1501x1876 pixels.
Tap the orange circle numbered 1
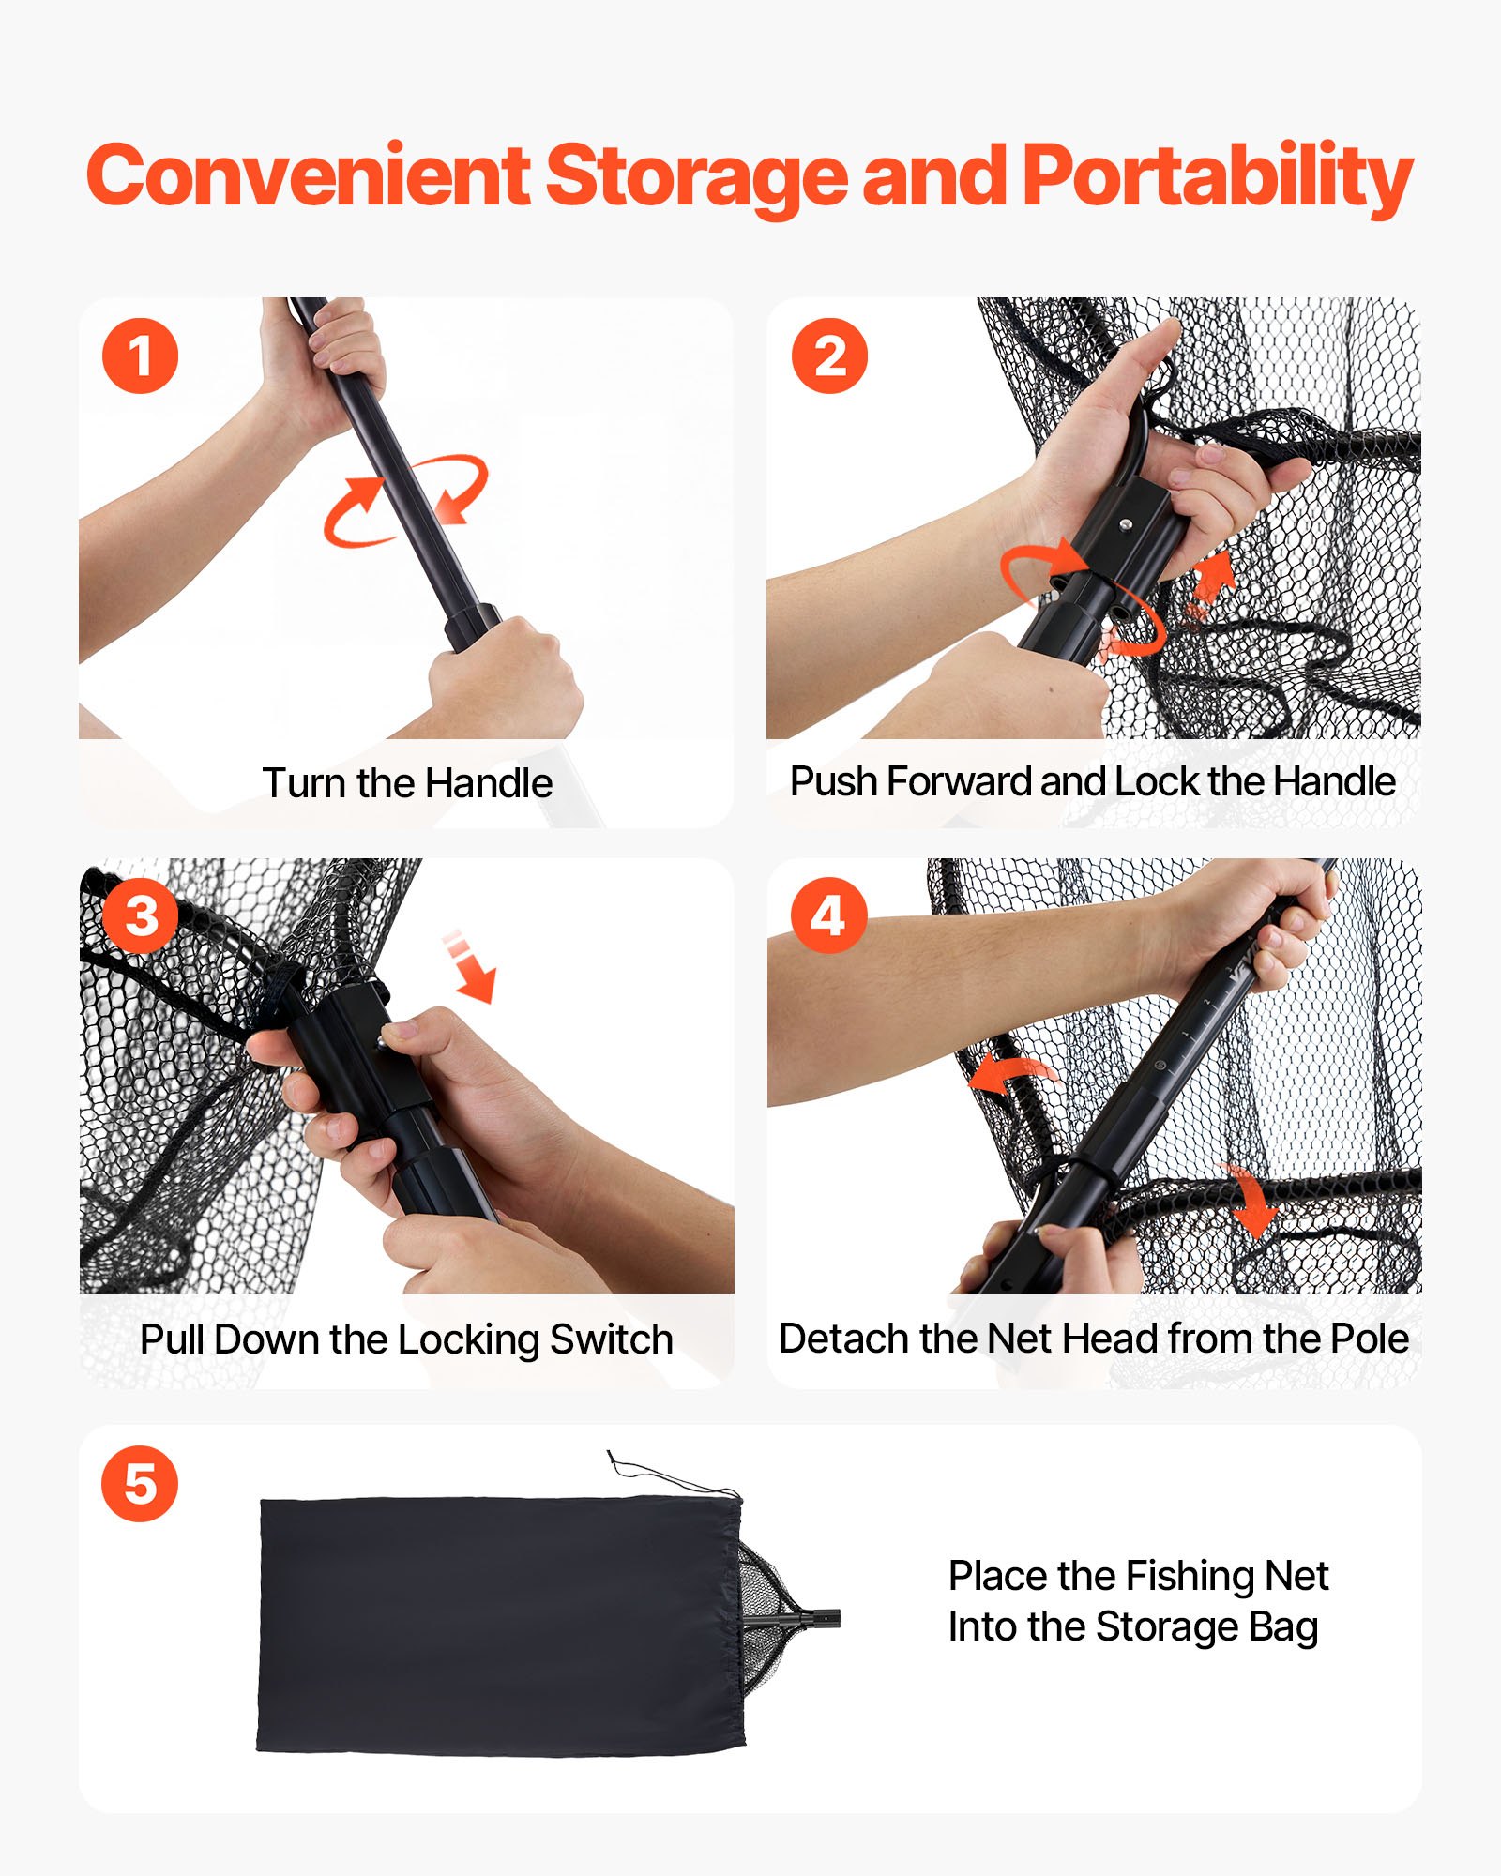[140, 356]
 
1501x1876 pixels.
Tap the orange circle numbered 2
[828, 356]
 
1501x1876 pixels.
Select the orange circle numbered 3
[141, 915]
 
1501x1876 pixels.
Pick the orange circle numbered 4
[827, 915]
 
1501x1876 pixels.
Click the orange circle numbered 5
[140, 1484]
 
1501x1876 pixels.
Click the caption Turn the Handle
[407, 783]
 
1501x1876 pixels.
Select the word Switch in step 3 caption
[611, 1339]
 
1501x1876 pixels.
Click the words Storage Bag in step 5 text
[1206, 1627]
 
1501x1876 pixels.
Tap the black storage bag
[497, 1623]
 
